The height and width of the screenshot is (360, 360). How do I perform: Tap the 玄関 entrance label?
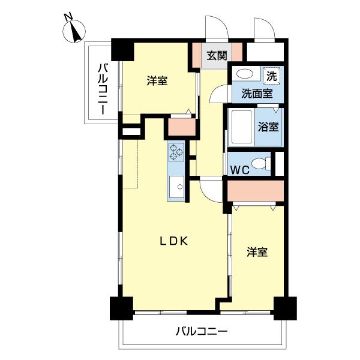217,56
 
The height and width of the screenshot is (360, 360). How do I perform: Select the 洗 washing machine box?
272,76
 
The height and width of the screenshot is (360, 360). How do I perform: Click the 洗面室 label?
257,93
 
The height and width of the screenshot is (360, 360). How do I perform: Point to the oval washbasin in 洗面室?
244,75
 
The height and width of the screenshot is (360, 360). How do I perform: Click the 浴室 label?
267,127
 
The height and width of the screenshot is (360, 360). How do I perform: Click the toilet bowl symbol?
260,163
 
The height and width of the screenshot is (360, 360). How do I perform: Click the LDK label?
174,241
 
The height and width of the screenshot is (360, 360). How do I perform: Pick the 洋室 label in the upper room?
157,81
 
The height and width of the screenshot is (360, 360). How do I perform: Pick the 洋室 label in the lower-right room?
257,253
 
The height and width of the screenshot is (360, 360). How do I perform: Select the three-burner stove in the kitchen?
176,152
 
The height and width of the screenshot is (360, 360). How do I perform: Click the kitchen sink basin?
178,187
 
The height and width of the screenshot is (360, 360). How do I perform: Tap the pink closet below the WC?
255,190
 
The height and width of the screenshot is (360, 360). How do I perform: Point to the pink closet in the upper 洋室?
182,127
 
